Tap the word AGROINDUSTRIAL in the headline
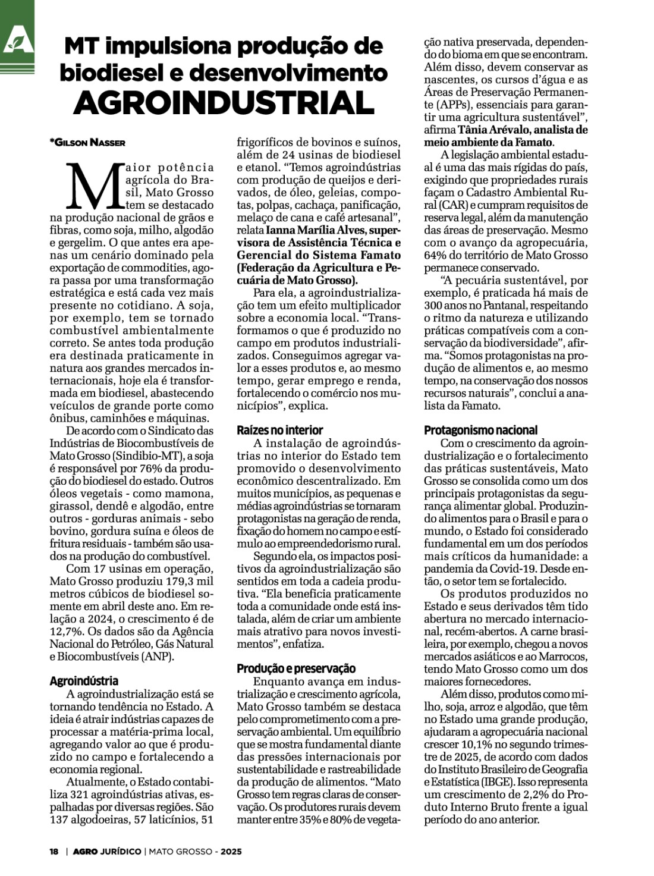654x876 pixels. [224, 102]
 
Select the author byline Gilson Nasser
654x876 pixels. [88, 142]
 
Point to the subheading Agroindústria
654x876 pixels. [84, 681]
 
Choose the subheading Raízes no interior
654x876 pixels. [280, 430]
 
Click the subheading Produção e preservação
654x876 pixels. [296, 668]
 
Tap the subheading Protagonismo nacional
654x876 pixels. [480, 430]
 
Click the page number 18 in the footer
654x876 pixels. [54, 852]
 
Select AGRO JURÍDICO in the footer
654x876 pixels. [107, 852]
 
